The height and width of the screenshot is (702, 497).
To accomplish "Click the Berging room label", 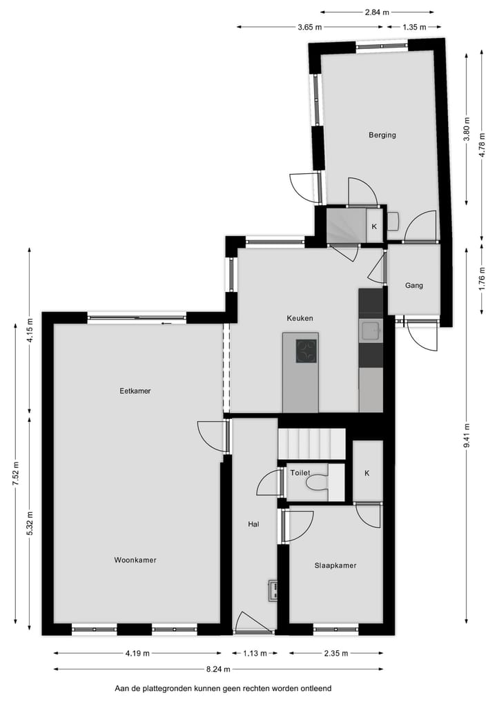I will click(382, 135).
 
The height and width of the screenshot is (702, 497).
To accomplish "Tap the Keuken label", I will click(300, 318).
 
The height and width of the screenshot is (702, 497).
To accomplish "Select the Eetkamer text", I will click(135, 391).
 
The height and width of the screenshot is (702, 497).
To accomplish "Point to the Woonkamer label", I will click(135, 560).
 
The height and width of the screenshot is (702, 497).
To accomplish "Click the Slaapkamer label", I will click(335, 565).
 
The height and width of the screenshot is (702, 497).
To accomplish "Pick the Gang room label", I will click(414, 285).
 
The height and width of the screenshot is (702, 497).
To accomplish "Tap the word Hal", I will click(253, 525).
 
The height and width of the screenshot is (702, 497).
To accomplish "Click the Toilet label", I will click(300, 473).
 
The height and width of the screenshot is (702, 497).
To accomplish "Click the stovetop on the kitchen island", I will click(306, 350).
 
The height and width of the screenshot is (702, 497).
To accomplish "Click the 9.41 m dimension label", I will click(467, 435).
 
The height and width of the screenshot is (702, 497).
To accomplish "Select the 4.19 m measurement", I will click(137, 653).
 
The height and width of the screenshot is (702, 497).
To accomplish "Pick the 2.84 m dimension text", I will click(377, 12).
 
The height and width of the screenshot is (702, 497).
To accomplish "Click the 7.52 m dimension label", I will click(15, 474).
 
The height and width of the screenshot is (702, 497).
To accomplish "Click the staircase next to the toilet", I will click(311, 443).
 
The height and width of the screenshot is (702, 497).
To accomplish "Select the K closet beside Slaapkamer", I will click(367, 473).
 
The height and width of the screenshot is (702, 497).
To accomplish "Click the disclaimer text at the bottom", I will click(223, 688).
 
